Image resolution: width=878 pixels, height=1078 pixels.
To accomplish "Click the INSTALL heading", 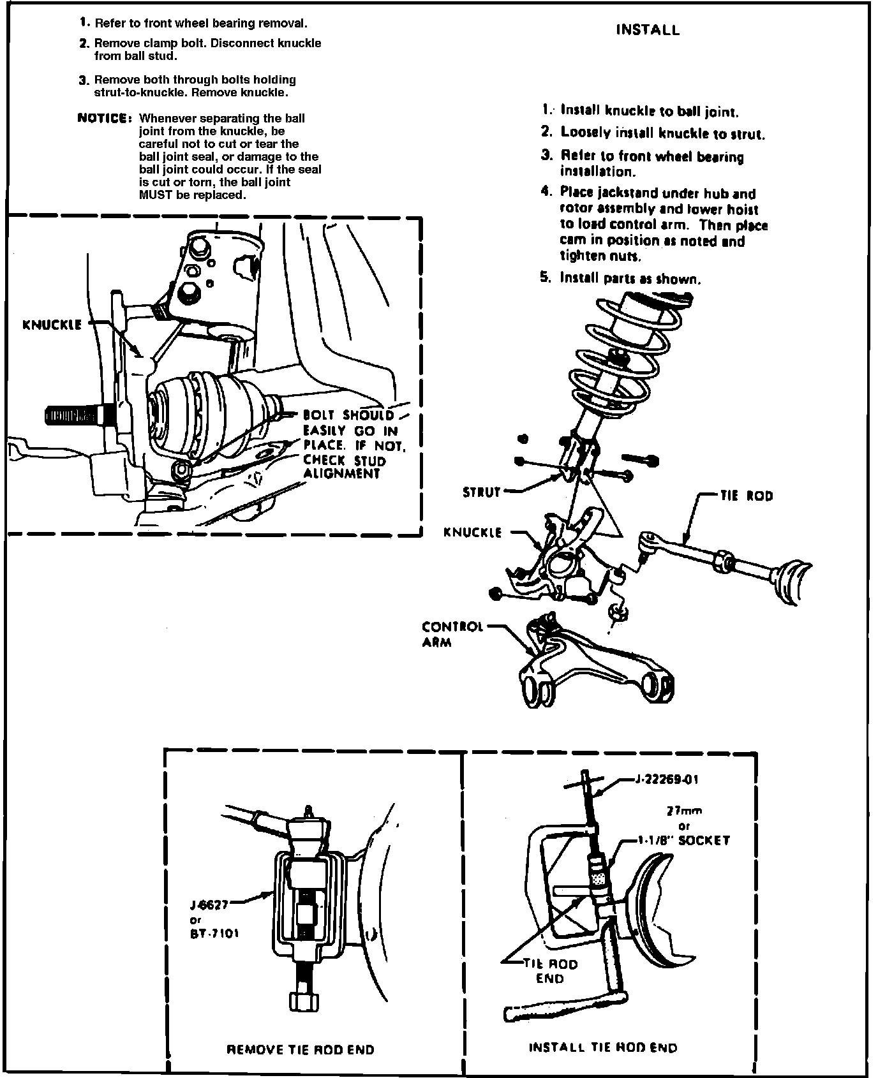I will [x=648, y=30].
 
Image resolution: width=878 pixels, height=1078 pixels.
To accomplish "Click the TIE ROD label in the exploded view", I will [x=746, y=496].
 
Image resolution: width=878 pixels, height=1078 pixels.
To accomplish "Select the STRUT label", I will [x=482, y=492].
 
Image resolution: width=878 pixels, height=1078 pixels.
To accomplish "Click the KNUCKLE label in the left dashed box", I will [x=52, y=325].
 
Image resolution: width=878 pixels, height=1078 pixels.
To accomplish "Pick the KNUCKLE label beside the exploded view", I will [x=473, y=532].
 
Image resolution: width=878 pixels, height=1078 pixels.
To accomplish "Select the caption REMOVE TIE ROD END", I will [x=301, y=1049].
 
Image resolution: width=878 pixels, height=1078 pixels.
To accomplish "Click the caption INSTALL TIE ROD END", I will [x=603, y=1047].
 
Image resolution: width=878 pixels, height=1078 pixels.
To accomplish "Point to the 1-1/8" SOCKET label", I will [x=684, y=841].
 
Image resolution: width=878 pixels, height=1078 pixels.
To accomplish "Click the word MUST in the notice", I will [x=156, y=195].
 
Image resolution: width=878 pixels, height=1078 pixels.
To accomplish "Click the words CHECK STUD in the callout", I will [x=345, y=460].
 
